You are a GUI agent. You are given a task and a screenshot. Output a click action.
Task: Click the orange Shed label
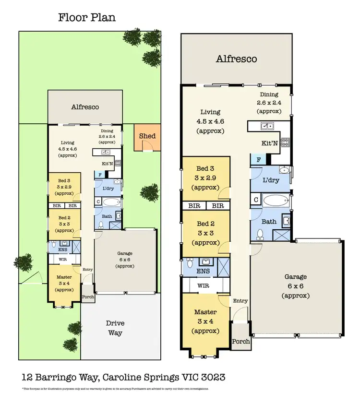(x=147, y=136)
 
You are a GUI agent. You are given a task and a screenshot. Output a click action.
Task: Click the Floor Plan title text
(x=87, y=18)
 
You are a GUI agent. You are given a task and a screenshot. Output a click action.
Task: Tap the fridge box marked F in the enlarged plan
(x=259, y=160)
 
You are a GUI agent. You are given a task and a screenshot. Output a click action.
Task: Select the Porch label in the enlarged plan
(x=241, y=342)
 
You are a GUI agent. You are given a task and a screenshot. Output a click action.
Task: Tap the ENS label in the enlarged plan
(x=204, y=272)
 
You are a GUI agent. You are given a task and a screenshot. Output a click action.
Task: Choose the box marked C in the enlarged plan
(x=256, y=199)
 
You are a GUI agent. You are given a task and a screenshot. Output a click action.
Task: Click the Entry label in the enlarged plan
(x=240, y=301)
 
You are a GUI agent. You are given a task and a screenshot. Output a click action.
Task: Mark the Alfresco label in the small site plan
(x=84, y=107)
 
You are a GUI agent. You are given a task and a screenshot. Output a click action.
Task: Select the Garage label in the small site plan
(x=125, y=254)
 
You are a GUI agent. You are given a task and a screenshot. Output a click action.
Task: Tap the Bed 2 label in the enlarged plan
(x=205, y=224)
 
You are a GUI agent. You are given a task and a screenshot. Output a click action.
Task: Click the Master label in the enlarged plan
(x=205, y=314)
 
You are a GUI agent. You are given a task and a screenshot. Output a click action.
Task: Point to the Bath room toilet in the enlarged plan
(x=260, y=234)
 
